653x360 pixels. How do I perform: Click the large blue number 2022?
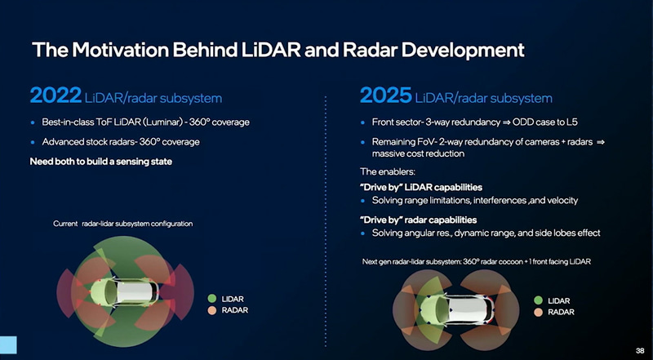(55, 96)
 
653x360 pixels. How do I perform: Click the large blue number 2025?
(384, 96)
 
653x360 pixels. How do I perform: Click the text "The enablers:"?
(389, 171)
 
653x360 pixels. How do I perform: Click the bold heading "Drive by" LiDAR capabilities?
(420, 186)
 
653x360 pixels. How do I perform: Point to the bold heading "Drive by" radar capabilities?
(418, 219)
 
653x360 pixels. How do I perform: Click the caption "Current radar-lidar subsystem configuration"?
(122, 224)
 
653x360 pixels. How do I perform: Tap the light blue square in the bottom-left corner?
(8, 344)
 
